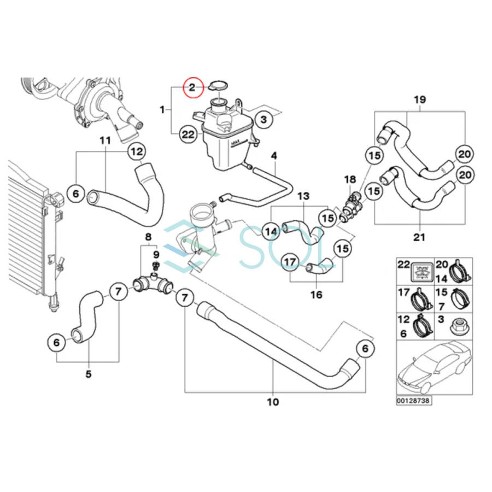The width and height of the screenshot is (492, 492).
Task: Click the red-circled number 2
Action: coord(192,87)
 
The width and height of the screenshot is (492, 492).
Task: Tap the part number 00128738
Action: coord(413,400)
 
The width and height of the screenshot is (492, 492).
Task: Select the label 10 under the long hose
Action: coord(273,402)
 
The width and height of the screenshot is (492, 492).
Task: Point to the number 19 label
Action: coord(420,100)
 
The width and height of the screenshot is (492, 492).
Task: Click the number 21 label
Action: coord(420,238)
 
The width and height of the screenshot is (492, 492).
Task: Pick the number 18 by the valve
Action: coord(349,179)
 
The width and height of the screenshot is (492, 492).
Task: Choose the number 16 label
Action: coord(316,295)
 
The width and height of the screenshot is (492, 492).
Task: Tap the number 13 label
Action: coord(303,196)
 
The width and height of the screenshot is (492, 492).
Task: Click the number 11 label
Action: coord(105,140)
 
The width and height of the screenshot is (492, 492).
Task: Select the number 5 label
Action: coord(89,374)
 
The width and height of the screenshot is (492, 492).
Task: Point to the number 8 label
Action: coord(148,237)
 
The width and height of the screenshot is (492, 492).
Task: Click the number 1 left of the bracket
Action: coord(162,110)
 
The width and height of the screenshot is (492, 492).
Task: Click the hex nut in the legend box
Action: coord(455,328)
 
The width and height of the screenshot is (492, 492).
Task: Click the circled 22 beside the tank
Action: coord(188,135)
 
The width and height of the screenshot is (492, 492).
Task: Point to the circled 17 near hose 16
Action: coord(290,263)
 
